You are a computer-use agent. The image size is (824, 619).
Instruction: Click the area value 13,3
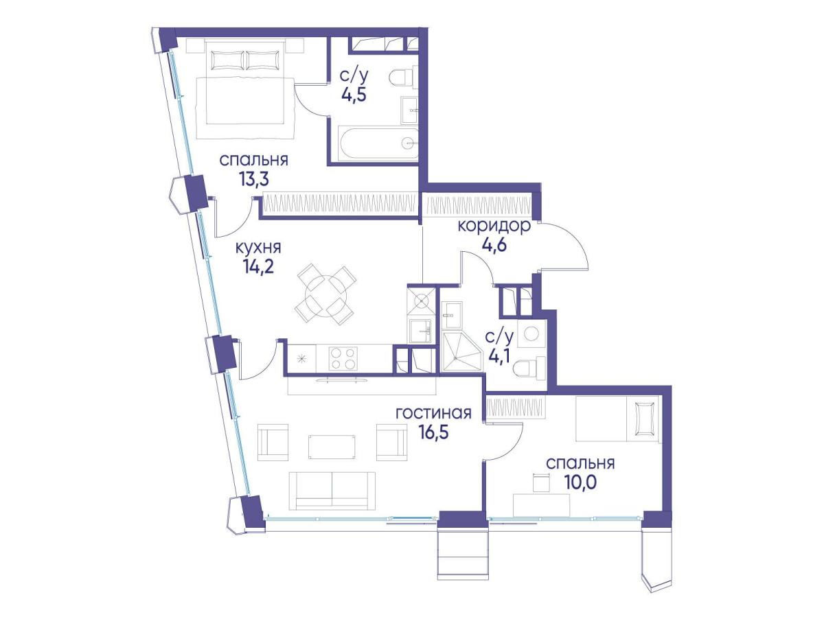tap(254, 179)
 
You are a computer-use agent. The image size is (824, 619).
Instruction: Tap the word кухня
tap(258, 248)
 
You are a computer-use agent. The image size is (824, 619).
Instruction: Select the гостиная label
tap(433, 413)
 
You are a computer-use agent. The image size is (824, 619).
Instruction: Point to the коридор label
tap(494, 226)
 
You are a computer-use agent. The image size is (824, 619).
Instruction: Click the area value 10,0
tap(580, 482)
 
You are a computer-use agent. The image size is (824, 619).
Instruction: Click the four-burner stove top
tap(342, 358)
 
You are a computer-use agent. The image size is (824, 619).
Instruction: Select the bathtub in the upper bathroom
tap(378, 144)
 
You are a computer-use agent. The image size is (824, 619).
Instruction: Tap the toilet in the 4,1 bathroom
tap(529, 368)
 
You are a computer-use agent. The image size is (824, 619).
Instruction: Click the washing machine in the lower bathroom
tap(531, 334)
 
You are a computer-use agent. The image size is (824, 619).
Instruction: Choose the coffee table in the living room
tap(332, 447)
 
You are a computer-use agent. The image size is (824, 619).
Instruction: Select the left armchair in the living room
tap(273, 443)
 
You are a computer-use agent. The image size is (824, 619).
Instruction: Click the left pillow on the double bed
tap(228, 60)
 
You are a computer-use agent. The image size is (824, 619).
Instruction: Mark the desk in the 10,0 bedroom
tap(541, 505)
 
